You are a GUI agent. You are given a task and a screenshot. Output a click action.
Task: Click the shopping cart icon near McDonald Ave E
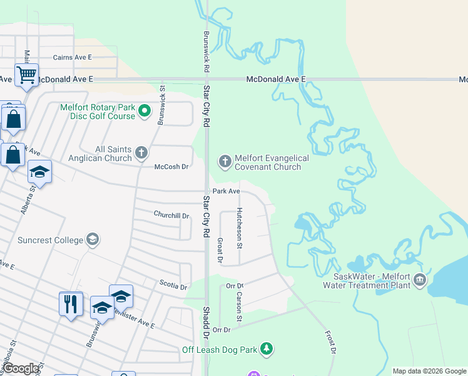point(26,75)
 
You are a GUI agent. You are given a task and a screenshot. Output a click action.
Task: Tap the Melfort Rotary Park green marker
point(145,112)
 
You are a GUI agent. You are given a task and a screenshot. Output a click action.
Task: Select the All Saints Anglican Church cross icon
point(142,152)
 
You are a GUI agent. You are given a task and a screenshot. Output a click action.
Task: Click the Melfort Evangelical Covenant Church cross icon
point(225,161)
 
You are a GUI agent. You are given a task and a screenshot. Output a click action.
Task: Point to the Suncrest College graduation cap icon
point(93,239)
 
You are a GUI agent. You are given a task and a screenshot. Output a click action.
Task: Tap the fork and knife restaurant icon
point(71,305)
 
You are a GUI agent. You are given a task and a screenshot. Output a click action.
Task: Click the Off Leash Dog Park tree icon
point(267,348)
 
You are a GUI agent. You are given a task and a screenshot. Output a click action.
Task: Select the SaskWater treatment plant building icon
point(419,280)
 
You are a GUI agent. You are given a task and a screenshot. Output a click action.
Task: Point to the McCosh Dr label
point(171,167)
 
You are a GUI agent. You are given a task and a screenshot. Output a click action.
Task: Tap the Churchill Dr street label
point(171,215)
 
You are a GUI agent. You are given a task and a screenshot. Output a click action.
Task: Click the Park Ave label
point(226,191)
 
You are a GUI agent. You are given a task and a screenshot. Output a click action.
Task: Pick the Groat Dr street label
point(220,249)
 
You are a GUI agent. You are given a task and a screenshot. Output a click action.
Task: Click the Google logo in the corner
point(22,368)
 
